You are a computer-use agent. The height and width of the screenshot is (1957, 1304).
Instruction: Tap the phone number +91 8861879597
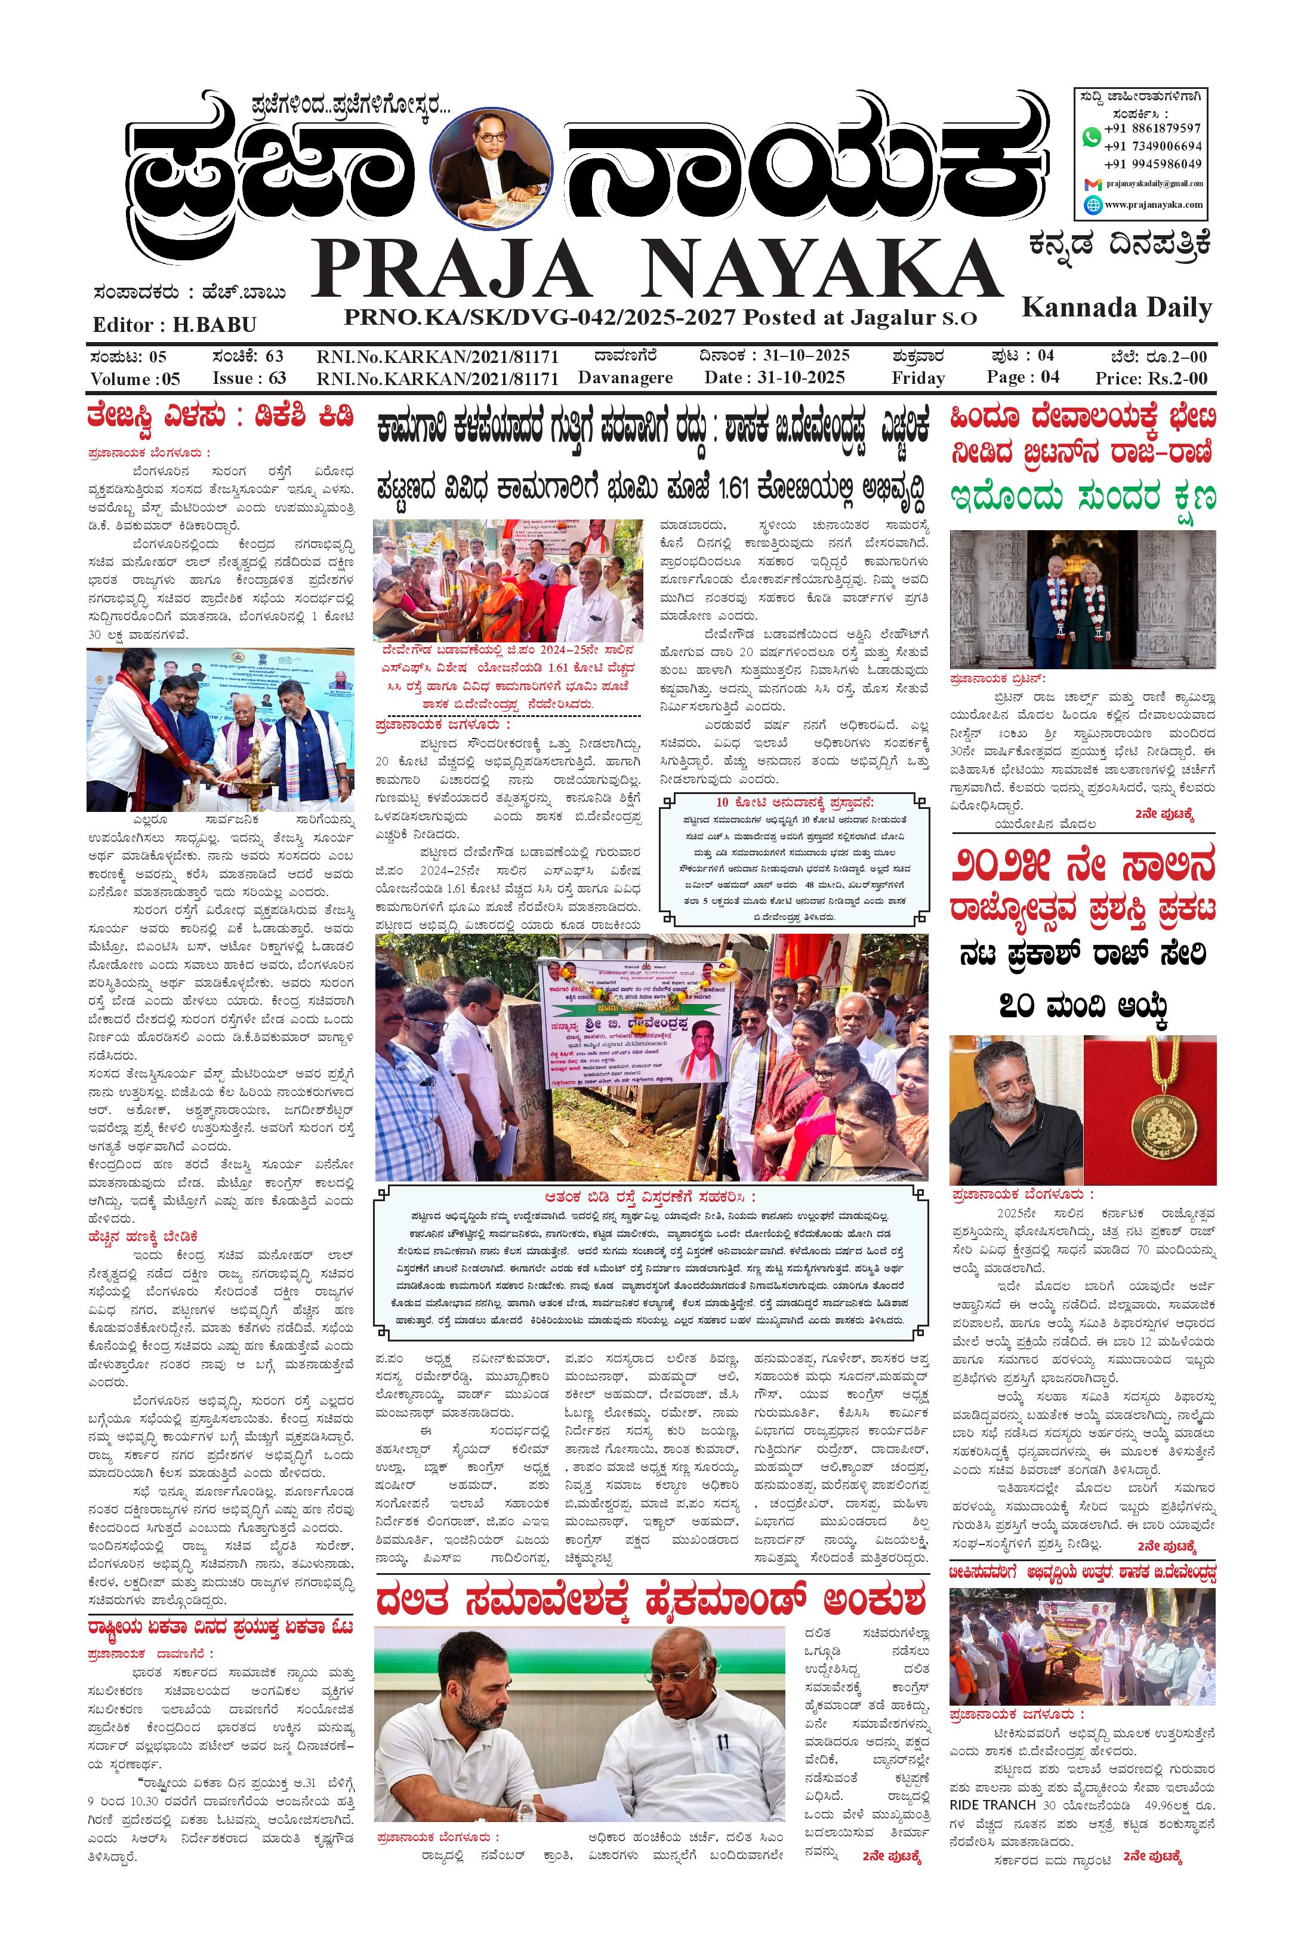pyautogui.click(x=1152, y=128)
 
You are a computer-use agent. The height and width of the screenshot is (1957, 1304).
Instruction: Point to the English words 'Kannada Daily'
pyautogui.click(x=1116, y=307)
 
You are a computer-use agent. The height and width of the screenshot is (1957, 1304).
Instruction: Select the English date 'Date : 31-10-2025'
pyautogui.click(x=773, y=377)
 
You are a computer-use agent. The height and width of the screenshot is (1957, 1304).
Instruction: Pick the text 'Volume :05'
pyautogui.click(x=135, y=379)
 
